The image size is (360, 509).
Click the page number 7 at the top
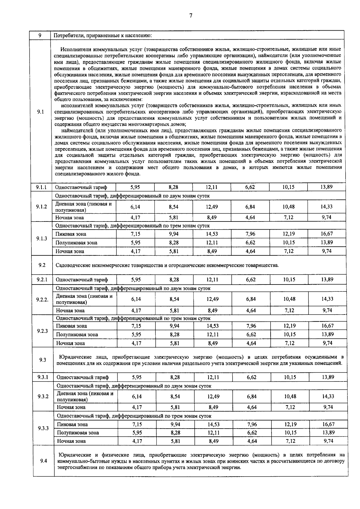coord(190,16)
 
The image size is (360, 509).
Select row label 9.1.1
coord(41,187)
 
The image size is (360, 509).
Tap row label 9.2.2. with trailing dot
coord(42,300)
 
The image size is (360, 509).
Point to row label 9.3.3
coord(43,428)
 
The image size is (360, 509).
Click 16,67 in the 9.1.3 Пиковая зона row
coord(326,234)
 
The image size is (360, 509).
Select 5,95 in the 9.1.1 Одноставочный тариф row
coord(135,187)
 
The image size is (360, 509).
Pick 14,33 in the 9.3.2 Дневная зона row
coord(328,396)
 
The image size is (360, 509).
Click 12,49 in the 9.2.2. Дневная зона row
coord(212,299)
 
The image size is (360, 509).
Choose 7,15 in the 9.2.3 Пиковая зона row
coord(136,326)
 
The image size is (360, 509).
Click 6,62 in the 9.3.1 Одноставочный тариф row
coord(251,377)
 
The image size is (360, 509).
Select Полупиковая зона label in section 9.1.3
coord(76,242)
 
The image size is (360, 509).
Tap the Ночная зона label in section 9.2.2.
coord(70,311)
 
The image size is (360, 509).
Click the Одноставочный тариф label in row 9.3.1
coord(82,377)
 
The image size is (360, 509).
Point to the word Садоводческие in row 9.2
coord(71,265)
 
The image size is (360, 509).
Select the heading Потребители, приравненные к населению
coord(103,35)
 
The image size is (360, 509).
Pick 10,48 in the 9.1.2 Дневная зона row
coord(288,207)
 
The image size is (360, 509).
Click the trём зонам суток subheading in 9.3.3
coord(134,416)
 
